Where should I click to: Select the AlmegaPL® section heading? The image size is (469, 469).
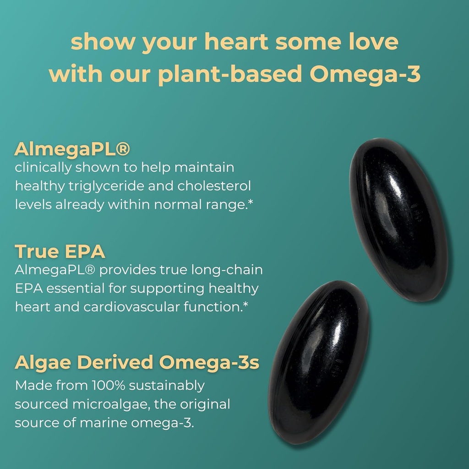pyautogui.click(x=72, y=149)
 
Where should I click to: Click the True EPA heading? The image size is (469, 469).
pyautogui.click(x=60, y=251)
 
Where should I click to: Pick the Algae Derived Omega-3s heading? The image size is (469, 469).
pyautogui.click(x=137, y=362)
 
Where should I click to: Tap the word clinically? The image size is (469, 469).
pyautogui.click(x=43, y=168)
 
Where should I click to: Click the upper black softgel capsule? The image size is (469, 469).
pyautogui.click(x=398, y=220)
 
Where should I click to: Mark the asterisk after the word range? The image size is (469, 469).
pyautogui.click(x=251, y=202)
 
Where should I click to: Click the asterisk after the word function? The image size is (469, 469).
pyautogui.click(x=246, y=304)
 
